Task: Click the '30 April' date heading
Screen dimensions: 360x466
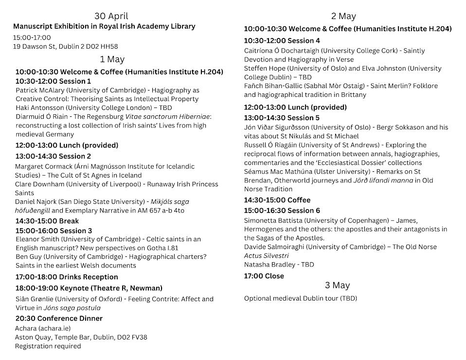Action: [x=111, y=16]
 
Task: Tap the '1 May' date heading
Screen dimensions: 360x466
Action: [x=112, y=59]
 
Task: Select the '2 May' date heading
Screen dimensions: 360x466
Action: [x=343, y=17]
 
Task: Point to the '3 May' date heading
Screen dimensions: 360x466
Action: [x=337, y=285]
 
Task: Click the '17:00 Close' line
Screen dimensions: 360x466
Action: [x=264, y=276]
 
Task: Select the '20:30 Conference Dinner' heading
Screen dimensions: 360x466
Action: [x=59, y=319]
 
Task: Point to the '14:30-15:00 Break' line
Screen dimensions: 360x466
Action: [x=47, y=221]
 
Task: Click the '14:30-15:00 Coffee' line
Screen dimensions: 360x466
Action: [x=277, y=200]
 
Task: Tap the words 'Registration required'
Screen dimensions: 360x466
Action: [x=48, y=346]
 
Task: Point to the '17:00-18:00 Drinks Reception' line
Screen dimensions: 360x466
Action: [x=67, y=277]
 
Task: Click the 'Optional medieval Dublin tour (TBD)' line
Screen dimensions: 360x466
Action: [x=300, y=298]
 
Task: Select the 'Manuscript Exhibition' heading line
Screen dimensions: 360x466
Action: [x=104, y=26]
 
